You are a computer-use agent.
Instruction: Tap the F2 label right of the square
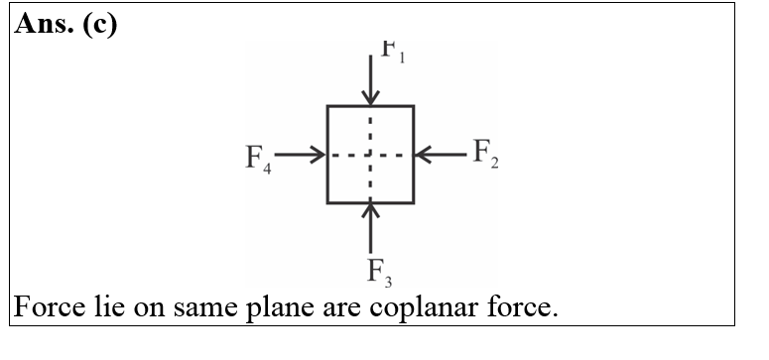pyautogui.click(x=485, y=154)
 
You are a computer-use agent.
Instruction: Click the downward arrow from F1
pyautogui.click(x=370, y=79)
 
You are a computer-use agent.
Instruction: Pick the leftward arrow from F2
pyautogui.click(x=440, y=154)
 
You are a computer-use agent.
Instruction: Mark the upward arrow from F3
pyautogui.click(x=370, y=225)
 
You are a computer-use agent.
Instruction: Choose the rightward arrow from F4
pyautogui.click(x=301, y=155)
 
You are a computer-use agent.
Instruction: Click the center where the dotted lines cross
pyautogui.click(x=370, y=155)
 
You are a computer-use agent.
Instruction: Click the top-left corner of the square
pyautogui.click(x=328, y=106)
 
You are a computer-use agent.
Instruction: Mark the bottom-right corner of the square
pyautogui.click(x=413, y=202)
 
